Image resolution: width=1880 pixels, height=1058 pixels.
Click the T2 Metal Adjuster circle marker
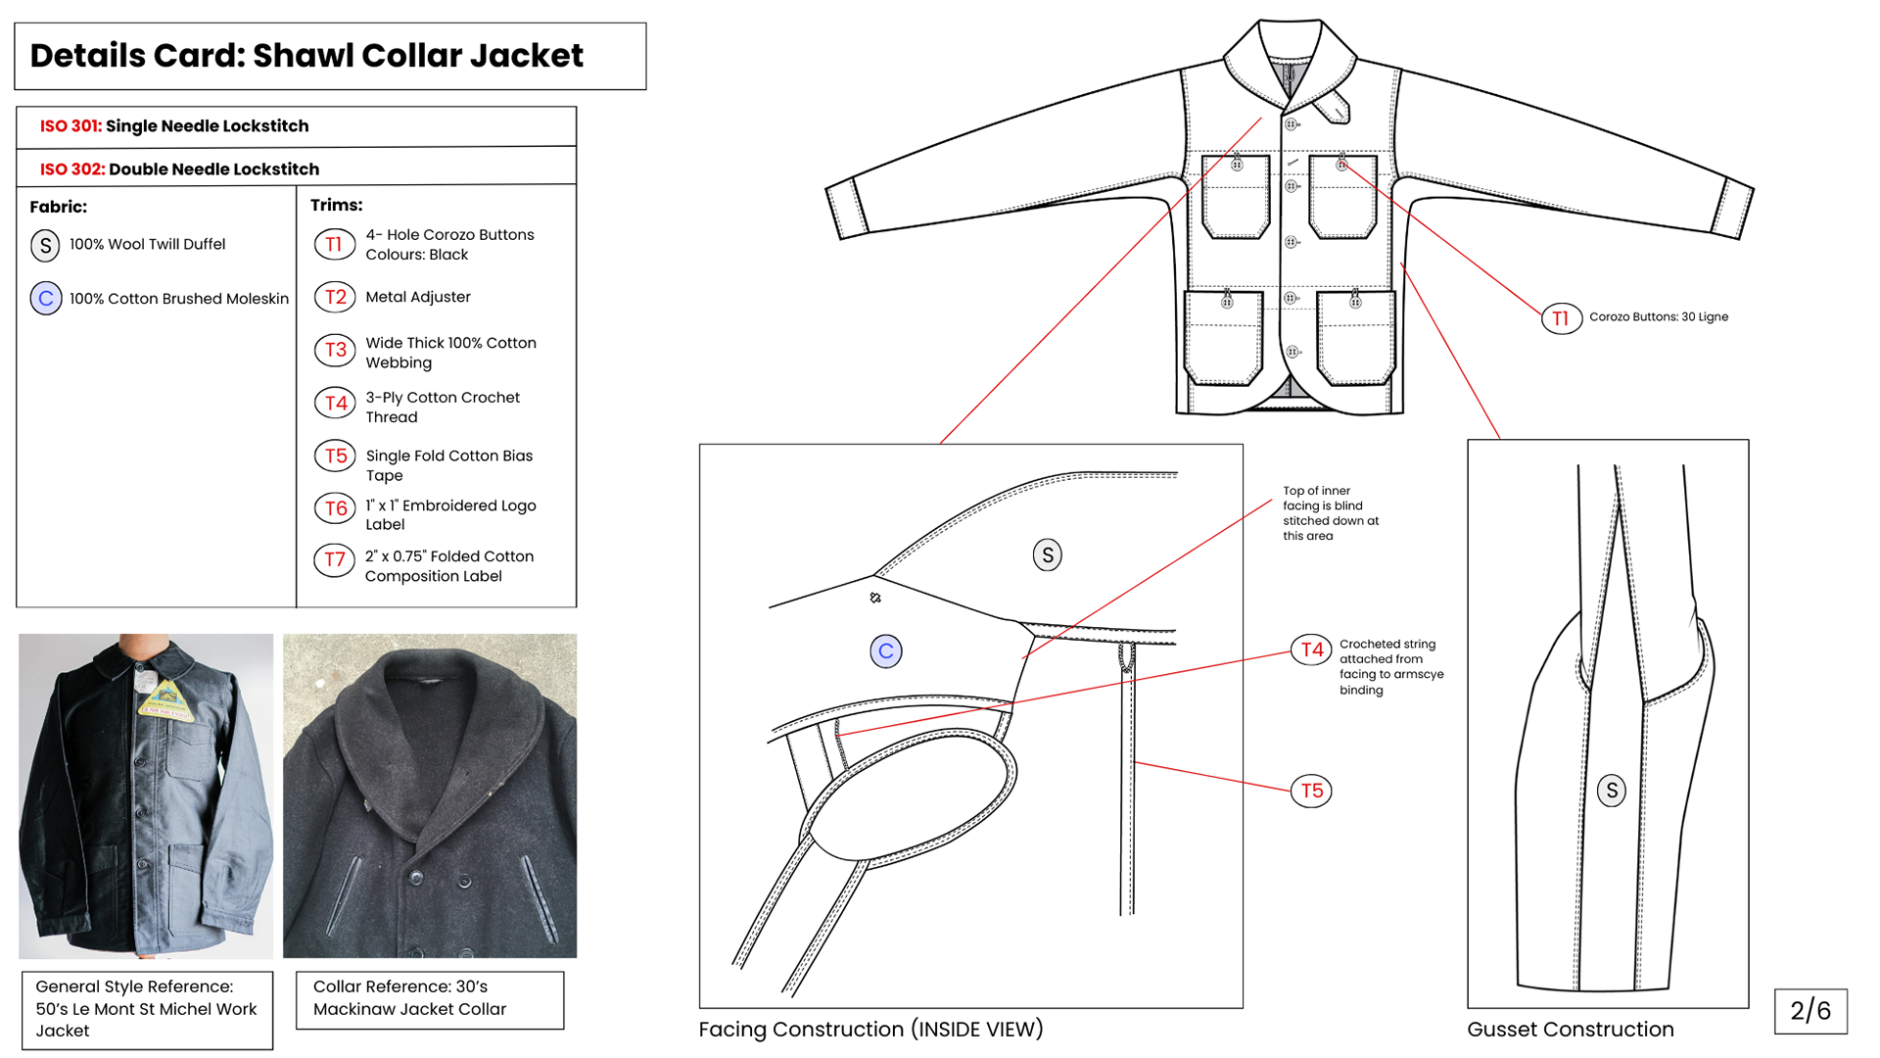[335, 297]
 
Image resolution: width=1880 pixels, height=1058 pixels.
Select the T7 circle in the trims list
[335, 560]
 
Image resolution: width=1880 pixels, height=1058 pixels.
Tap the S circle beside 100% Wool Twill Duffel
[45, 246]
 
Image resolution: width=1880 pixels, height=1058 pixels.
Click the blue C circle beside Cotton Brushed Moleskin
[46, 299]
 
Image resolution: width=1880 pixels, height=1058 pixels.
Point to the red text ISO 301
[70, 126]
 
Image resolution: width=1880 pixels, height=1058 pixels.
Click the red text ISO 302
[71, 169]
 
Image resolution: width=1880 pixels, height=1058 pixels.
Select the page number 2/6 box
[1809, 1011]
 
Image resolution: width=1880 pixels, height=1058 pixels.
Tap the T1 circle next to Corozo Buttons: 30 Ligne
[1561, 318]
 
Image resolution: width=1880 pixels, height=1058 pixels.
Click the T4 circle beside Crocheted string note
[1311, 649]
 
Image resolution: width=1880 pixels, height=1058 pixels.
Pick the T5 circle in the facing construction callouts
[1311, 791]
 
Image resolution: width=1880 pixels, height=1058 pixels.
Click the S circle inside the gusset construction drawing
[1611, 791]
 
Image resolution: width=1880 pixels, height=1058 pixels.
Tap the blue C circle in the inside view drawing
[885, 651]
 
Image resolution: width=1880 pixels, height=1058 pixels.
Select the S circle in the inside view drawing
[1047, 555]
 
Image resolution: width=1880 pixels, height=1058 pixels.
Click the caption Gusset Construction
[1570, 1030]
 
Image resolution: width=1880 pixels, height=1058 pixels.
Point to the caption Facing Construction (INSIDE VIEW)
[870, 1030]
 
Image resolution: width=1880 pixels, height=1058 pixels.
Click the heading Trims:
[336, 205]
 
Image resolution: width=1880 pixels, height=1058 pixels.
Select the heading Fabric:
[58, 207]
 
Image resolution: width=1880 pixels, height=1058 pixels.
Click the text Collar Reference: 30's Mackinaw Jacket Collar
[409, 998]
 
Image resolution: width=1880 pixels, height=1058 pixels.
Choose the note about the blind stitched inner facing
[1330, 513]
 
